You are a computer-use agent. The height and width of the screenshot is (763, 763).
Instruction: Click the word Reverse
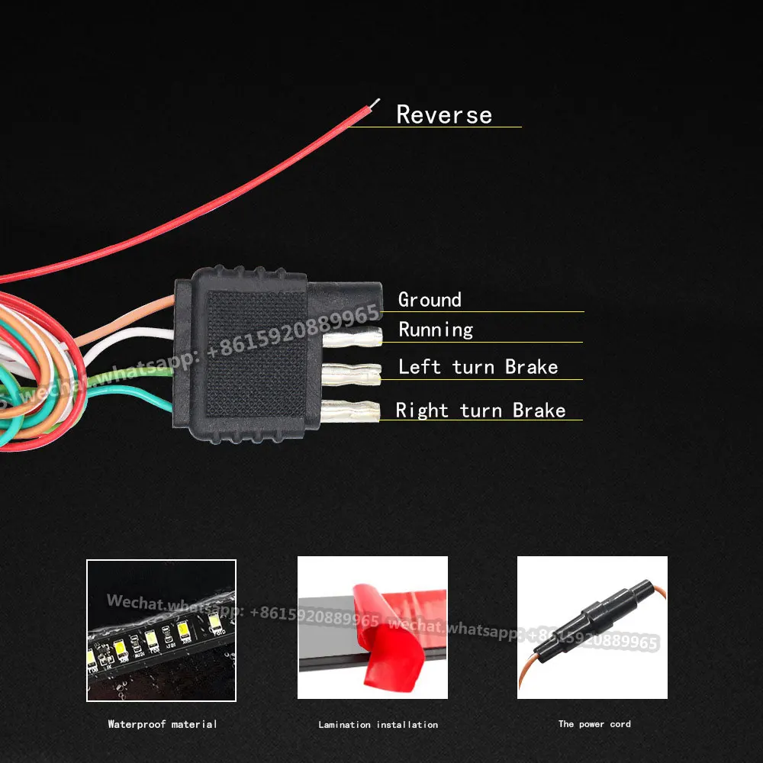point(444,114)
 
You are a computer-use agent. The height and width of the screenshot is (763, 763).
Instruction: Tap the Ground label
point(430,300)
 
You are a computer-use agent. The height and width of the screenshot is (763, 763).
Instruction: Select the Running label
point(436,330)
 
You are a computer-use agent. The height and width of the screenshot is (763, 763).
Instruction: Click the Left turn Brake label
point(478,367)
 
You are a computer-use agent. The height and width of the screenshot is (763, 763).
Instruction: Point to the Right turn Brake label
point(481,410)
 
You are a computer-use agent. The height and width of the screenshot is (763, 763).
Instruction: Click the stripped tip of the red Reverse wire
point(374,103)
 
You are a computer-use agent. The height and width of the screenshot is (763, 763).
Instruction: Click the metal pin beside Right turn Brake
point(351,411)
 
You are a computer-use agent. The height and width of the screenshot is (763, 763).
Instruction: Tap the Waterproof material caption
point(162,724)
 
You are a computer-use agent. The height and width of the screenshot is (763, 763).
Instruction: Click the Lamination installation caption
point(378,724)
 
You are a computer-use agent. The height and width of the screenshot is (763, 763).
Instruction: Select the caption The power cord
point(594,723)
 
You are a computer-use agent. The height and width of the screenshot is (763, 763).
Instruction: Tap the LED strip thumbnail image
point(161,630)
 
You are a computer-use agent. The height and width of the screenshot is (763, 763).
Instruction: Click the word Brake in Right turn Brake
point(539,410)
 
